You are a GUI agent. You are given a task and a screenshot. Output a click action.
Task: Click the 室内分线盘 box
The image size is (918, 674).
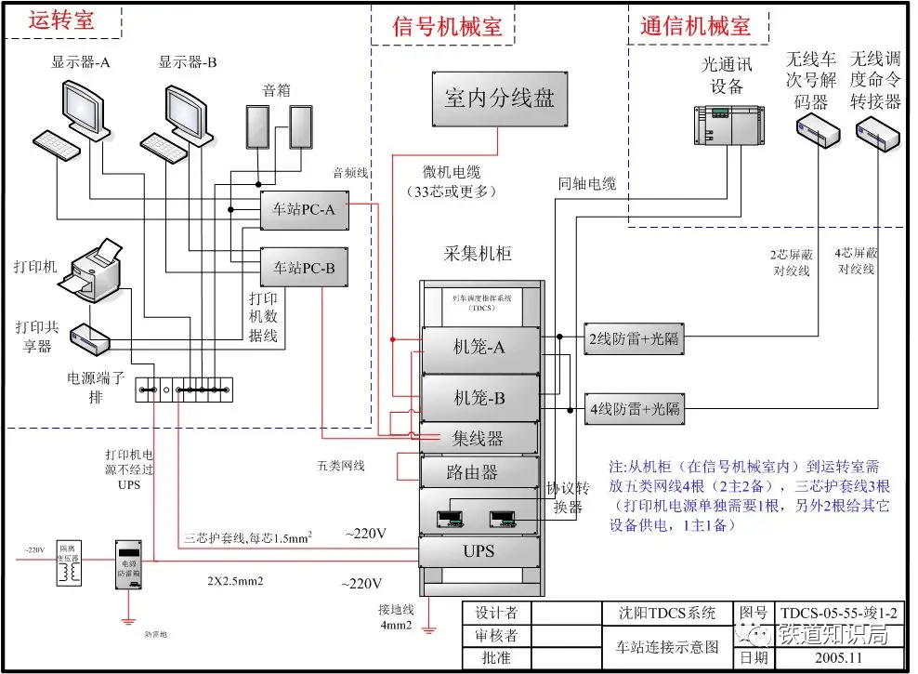coord(498,98)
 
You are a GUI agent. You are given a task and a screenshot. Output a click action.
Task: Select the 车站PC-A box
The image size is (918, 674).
coord(303,210)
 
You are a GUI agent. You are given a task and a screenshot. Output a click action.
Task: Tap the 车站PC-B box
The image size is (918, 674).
coord(303,268)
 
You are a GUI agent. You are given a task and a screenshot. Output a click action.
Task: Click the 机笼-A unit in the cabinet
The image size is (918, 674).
coord(479,349)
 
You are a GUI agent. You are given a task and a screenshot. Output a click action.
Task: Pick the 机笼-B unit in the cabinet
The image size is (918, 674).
coord(479,398)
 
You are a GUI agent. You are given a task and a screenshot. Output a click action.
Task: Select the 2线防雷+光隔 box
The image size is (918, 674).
coord(634,338)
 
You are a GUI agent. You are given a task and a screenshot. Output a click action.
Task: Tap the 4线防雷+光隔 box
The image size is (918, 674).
coord(634,408)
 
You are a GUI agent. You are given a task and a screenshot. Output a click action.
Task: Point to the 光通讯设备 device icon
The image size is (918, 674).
coord(727,126)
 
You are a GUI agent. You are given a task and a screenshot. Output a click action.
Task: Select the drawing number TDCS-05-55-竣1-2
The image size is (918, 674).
coord(839,613)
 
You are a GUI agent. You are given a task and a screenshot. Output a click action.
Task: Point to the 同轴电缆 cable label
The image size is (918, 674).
coord(587,185)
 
